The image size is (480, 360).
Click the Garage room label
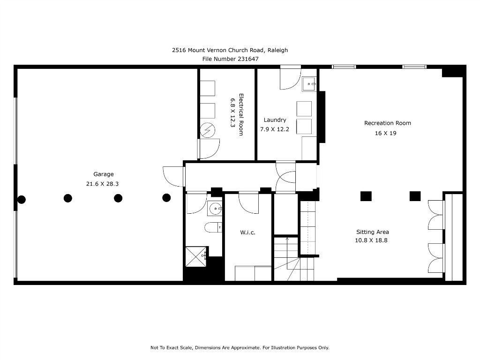click(x=103, y=174)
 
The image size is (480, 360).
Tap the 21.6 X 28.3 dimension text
click(x=102, y=184)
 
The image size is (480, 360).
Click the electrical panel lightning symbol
click(x=207, y=131)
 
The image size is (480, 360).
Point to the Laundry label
click(x=275, y=120)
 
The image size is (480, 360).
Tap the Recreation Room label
click(x=388, y=123)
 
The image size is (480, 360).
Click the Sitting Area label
click(x=373, y=232)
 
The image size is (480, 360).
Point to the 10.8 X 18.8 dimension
click(x=372, y=240)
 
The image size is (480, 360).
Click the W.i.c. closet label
click(x=247, y=232)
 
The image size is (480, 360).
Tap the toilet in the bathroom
click(x=213, y=227)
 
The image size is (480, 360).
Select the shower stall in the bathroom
click(x=196, y=256)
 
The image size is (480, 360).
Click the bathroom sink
click(x=215, y=208)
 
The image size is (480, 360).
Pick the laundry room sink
click(x=309, y=84)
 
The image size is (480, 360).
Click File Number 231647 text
click(x=230, y=59)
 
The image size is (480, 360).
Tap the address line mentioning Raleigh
click(x=230, y=50)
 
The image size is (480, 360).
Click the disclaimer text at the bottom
click(x=240, y=348)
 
